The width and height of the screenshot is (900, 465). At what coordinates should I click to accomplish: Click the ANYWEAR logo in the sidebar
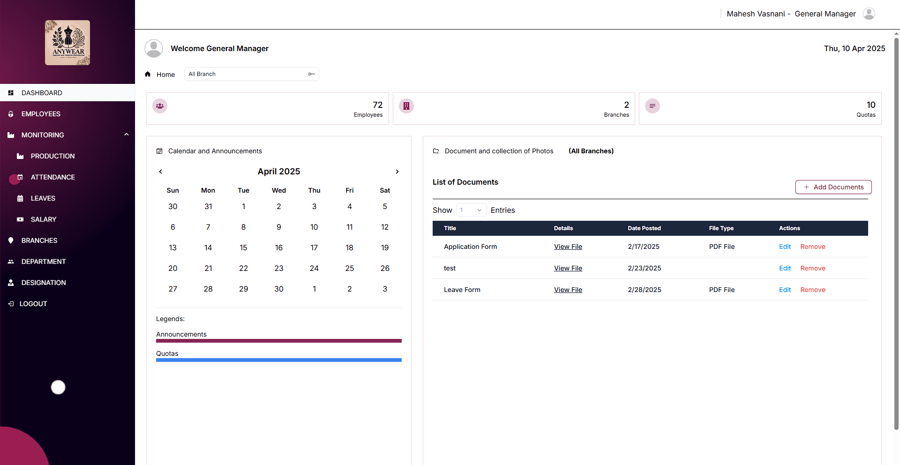(x=67, y=43)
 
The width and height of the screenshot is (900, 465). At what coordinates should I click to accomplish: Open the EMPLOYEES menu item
(x=41, y=114)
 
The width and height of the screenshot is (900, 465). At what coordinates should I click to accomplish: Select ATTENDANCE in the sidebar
(x=53, y=177)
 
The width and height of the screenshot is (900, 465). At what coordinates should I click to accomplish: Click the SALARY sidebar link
(x=44, y=219)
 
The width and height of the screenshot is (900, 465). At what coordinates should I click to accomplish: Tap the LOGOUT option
(x=33, y=304)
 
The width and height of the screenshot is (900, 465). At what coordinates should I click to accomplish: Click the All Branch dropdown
(x=252, y=74)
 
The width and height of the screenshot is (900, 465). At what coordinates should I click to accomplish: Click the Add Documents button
(x=833, y=187)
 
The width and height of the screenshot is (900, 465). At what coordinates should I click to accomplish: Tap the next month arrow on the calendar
(x=397, y=172)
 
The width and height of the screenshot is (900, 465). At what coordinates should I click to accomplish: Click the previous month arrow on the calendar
(x=160, y=172)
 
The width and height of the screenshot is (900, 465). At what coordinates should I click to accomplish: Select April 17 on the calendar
(x=314, y=247)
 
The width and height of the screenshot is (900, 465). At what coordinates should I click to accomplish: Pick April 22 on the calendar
(x=243, y=268)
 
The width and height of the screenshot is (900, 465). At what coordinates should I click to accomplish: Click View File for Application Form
(x=568, y=247)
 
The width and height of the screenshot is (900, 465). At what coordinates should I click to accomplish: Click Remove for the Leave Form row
(x=813, y=290)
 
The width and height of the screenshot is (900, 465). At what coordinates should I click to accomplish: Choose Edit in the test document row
(x=785, y=268)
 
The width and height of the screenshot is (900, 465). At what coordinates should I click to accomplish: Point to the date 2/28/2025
(x=645, y=290)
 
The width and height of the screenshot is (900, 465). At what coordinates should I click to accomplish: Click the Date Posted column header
(x=645, y=228)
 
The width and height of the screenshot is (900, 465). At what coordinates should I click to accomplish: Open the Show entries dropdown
(x=471, y=210)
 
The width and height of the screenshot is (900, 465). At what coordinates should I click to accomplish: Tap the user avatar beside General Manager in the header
(x=869, y=14)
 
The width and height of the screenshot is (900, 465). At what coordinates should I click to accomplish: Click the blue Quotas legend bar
(x=279, y=360)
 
